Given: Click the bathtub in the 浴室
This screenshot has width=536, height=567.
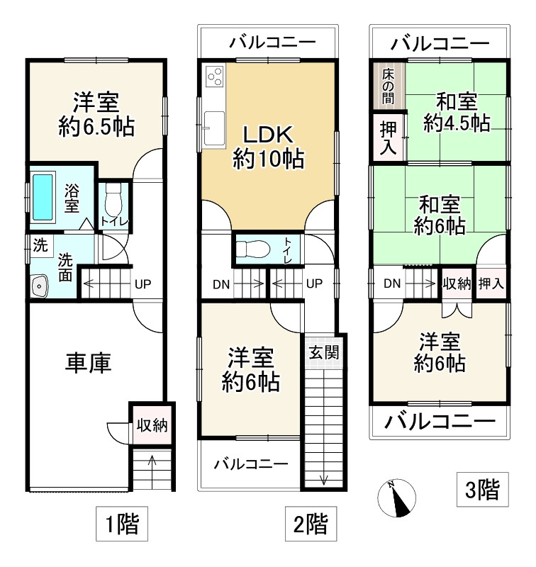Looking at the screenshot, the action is coord(43,197).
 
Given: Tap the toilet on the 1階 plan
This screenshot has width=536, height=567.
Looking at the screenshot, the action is coord(113,200).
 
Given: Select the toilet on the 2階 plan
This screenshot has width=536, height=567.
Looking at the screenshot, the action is coord(253,249).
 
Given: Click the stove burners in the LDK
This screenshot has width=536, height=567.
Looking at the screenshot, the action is coord(215,77).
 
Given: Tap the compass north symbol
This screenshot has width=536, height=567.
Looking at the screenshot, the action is coord(397,498).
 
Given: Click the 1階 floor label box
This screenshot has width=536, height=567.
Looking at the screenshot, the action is coord(122,524).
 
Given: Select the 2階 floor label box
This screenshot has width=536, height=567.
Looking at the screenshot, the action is coord(311,524).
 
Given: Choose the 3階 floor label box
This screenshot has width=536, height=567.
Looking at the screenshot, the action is coord(483,489).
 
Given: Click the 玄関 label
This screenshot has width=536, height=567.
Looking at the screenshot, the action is coord(324,352).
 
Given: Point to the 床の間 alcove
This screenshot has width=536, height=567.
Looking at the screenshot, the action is coord(389,86).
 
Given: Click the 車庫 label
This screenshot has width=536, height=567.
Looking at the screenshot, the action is coord(88,363).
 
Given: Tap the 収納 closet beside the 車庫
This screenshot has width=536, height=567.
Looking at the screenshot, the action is coord(152,425).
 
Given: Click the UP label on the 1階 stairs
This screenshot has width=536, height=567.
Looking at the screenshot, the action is coord(143,284).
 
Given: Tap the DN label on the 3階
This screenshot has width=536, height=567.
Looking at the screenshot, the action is coord(392,284).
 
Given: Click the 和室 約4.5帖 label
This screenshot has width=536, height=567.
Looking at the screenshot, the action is coord(457,113).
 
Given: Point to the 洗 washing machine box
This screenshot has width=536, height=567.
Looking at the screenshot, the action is coord(40,245).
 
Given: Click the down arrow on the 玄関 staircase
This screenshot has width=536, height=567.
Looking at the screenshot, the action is coord(324,480).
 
